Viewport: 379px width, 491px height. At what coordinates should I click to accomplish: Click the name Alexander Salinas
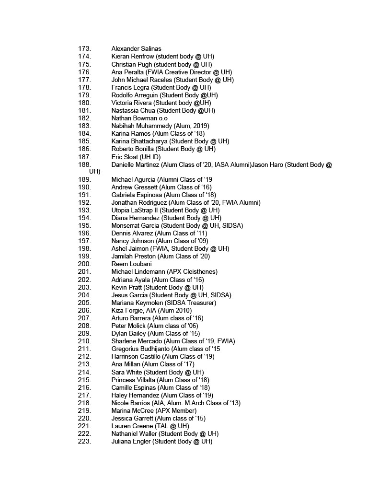point(136,48)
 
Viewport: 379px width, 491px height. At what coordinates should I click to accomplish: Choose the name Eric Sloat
point(124,157)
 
